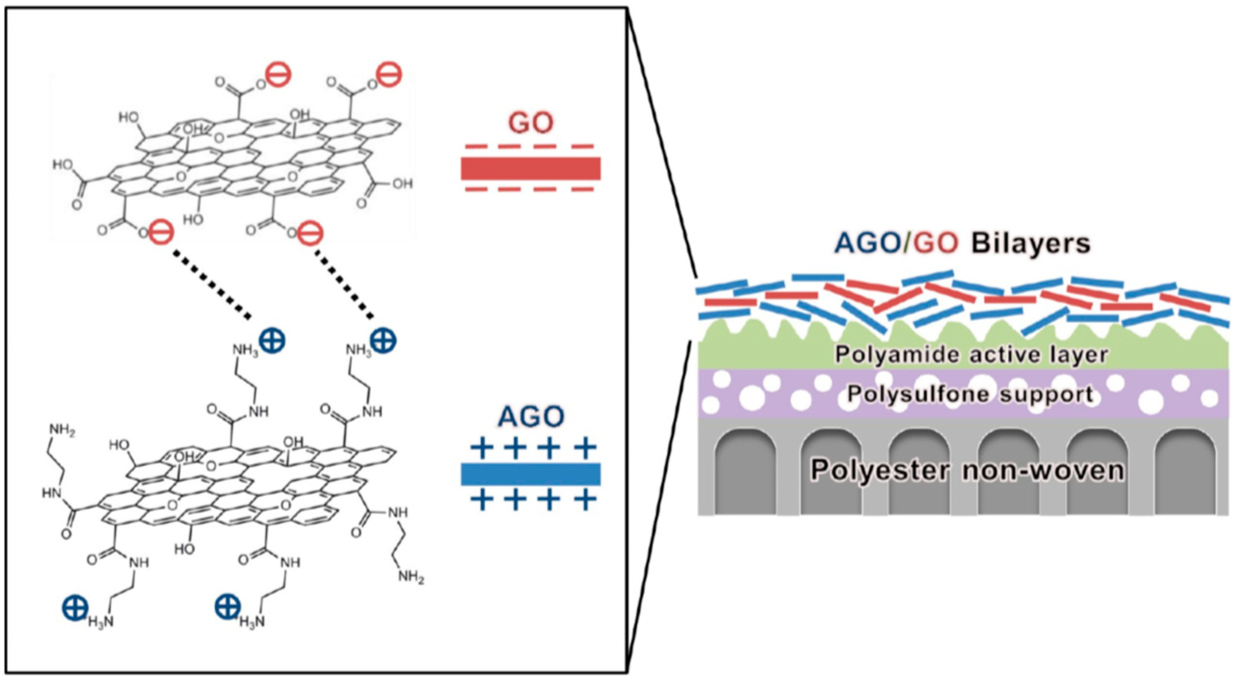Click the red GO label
click(x=530, y=123)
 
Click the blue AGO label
click(x=530, y=417)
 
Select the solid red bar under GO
click(x=530, y=168)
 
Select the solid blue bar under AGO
click(x=530, y=474)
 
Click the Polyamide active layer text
click(x=972, y=355)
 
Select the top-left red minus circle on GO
click(x=279, y=75)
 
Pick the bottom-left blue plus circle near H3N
click(x=75, y=607)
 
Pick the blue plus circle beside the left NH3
click(x=272, y=340)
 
